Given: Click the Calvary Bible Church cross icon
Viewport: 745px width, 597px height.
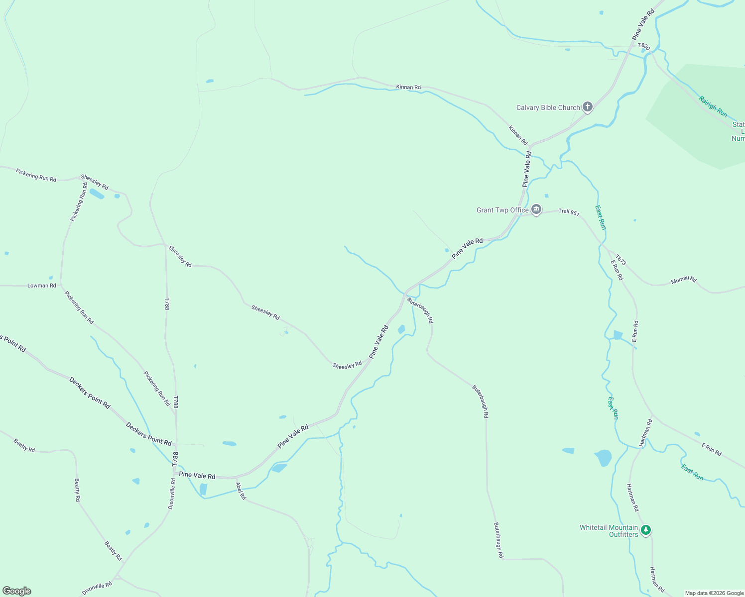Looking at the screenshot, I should tap(588, 107).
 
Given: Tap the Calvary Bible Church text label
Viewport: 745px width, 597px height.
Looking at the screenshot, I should tap(548, 107).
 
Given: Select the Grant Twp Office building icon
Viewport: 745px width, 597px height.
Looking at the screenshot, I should tap(536, 209).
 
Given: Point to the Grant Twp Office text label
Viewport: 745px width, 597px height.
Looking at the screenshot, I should tap(502, 210).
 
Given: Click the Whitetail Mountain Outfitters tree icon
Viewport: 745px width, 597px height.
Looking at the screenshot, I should tap(646, 530).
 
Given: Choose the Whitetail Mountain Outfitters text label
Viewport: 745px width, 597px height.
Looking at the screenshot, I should tap(609, 531).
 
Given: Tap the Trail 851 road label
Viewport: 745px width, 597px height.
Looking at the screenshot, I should tap(569, 212).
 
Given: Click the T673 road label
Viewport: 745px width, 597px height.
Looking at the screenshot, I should tap(620, 260).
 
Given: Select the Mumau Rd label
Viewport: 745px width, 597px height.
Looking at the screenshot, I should tap(683, 280).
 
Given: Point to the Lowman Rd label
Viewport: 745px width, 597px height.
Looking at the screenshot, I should tap(42, 286).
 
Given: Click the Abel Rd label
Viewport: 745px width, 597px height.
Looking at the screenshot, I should tap(241, 491).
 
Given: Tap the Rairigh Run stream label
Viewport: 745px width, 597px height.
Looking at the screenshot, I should tap(713, 106).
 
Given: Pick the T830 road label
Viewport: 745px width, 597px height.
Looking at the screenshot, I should tap(644, 46).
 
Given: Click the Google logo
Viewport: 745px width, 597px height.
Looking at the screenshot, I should tap(17, 591).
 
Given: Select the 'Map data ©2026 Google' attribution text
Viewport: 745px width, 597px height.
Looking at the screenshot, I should tap(714, 593).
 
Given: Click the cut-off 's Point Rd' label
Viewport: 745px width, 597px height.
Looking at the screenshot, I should tap(13, 343).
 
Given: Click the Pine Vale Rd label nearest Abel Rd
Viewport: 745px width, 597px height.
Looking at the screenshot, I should tap(197, 476).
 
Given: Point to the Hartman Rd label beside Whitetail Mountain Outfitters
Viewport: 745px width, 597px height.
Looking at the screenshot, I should tap(632, 497).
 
